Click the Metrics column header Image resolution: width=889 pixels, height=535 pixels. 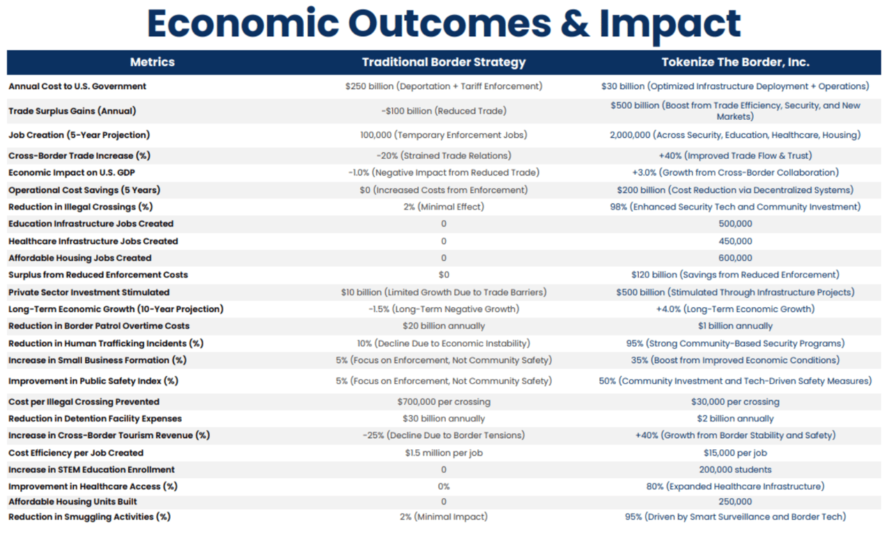[152, 62]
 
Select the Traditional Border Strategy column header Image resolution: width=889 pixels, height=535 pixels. [444, 62]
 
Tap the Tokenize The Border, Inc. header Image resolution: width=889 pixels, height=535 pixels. [735, 62]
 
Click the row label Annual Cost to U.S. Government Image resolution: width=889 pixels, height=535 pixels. [77, 86]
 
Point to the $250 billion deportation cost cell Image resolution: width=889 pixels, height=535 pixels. [444, 86]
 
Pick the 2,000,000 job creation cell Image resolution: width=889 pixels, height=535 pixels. [735, 135]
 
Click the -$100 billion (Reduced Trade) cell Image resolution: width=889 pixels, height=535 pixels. [444, 111]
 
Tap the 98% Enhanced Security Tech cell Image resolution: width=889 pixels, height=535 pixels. [735, 207]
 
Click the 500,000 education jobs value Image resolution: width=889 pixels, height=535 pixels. [735, 224]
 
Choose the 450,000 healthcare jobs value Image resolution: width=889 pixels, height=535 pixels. [735, 241]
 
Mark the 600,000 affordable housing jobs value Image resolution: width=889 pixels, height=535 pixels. [735, 258]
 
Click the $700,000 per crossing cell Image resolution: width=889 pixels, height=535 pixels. [444, 402]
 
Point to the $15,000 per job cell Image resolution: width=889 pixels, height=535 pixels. [735, 453]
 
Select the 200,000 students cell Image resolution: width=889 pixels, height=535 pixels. [735, 470]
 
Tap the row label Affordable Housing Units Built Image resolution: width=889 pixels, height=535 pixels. [72, 502]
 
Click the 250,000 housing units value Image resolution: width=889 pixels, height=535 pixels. [735, 502]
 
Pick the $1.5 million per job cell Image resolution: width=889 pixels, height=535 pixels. [444, 453]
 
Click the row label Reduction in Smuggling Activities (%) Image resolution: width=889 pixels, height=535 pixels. [89, 517]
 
